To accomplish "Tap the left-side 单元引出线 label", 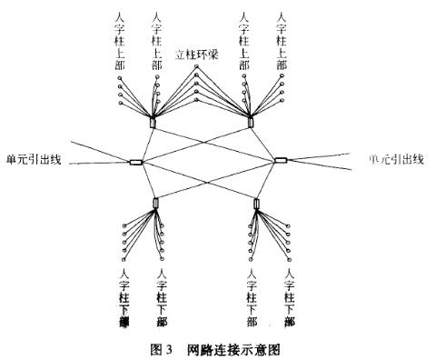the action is (35, 157).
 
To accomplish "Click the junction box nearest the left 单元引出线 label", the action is (136, 164).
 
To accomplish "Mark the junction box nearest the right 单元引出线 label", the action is (282, 161).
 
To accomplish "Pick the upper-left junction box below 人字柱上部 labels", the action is (153, 122).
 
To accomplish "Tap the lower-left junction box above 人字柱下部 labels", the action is (156, 204).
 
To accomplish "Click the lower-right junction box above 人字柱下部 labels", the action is (257, 202).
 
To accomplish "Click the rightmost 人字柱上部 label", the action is (280, 42).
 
